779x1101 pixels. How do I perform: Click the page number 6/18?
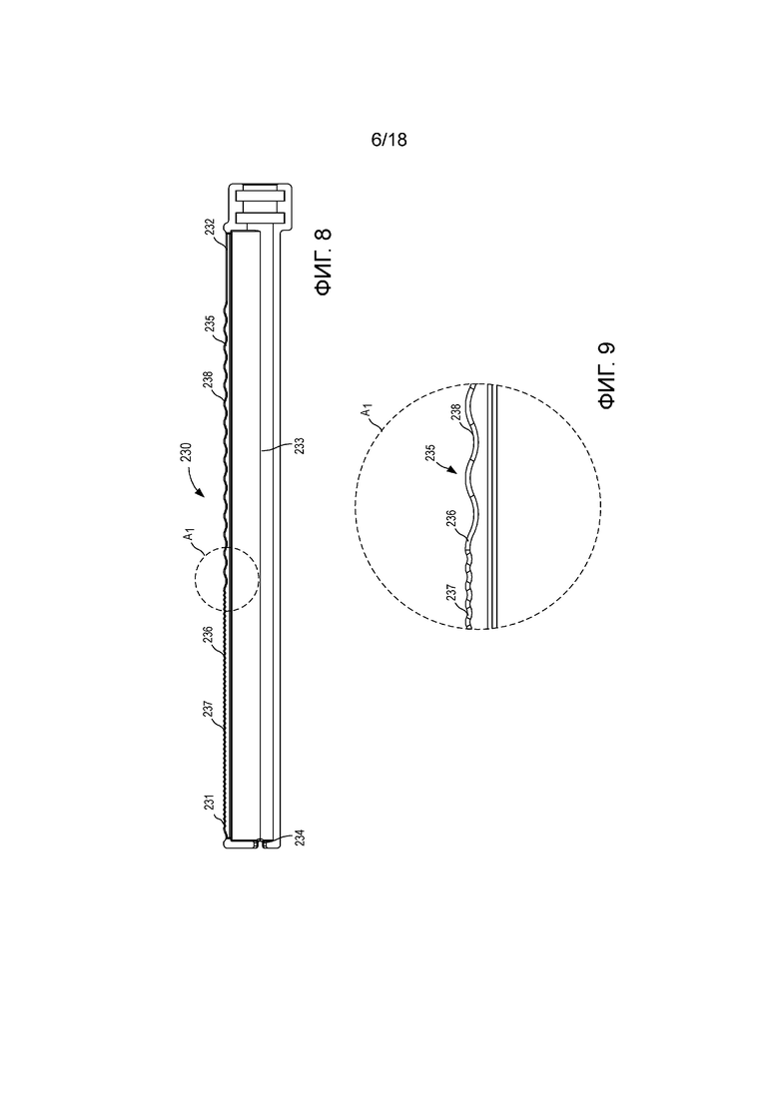click(x=389, y=140)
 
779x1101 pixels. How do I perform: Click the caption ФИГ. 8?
click(x=324, y=263)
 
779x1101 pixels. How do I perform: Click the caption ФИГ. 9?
click(x=607, y=375)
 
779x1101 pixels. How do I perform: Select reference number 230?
click(x=185, y=453)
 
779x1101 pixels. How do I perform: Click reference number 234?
click(x=300, y=837)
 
